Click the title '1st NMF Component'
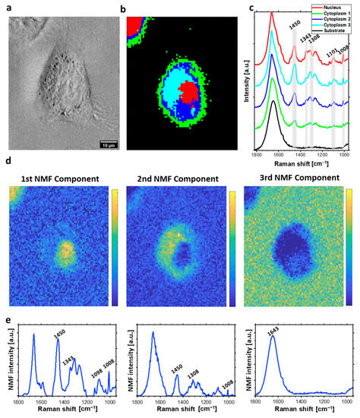59,179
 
